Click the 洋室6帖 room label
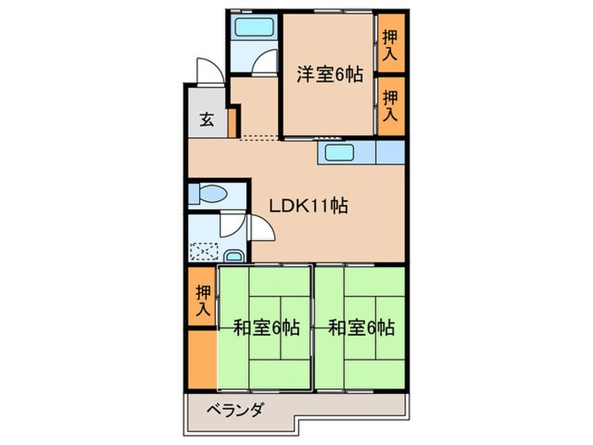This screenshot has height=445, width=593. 330,75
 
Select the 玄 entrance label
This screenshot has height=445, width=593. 206,120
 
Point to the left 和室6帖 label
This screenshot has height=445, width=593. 267,327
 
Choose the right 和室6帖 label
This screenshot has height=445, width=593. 362,327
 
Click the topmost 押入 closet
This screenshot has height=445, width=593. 390,42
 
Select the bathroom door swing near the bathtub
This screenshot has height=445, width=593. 266,65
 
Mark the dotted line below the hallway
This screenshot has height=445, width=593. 258,136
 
